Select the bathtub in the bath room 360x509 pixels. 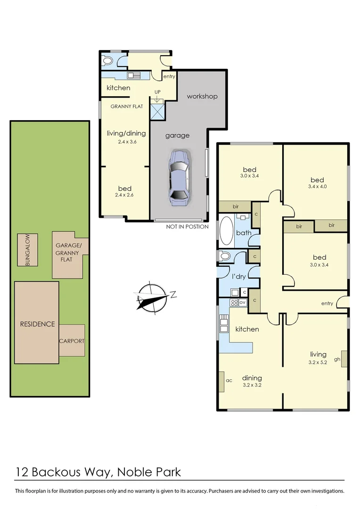coord(226,230)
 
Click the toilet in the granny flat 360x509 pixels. coord(107,61)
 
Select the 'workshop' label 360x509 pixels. coord(202,96)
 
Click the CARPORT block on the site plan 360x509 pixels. coord(72,340)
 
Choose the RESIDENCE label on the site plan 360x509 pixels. coord(37,324)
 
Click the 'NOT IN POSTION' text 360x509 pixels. coord(187,227)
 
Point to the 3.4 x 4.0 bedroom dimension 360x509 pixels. coord(317,186)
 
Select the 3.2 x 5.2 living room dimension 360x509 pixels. coord(318,363)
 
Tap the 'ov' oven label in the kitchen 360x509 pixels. coord(243,302)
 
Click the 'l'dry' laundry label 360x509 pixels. coord(238,277)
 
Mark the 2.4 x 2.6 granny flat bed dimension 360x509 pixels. coord(124,195)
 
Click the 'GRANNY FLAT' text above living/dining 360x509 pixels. coord(127,107)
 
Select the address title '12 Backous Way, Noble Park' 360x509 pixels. coord(98,472)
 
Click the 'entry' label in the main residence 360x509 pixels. coord(327,304)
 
